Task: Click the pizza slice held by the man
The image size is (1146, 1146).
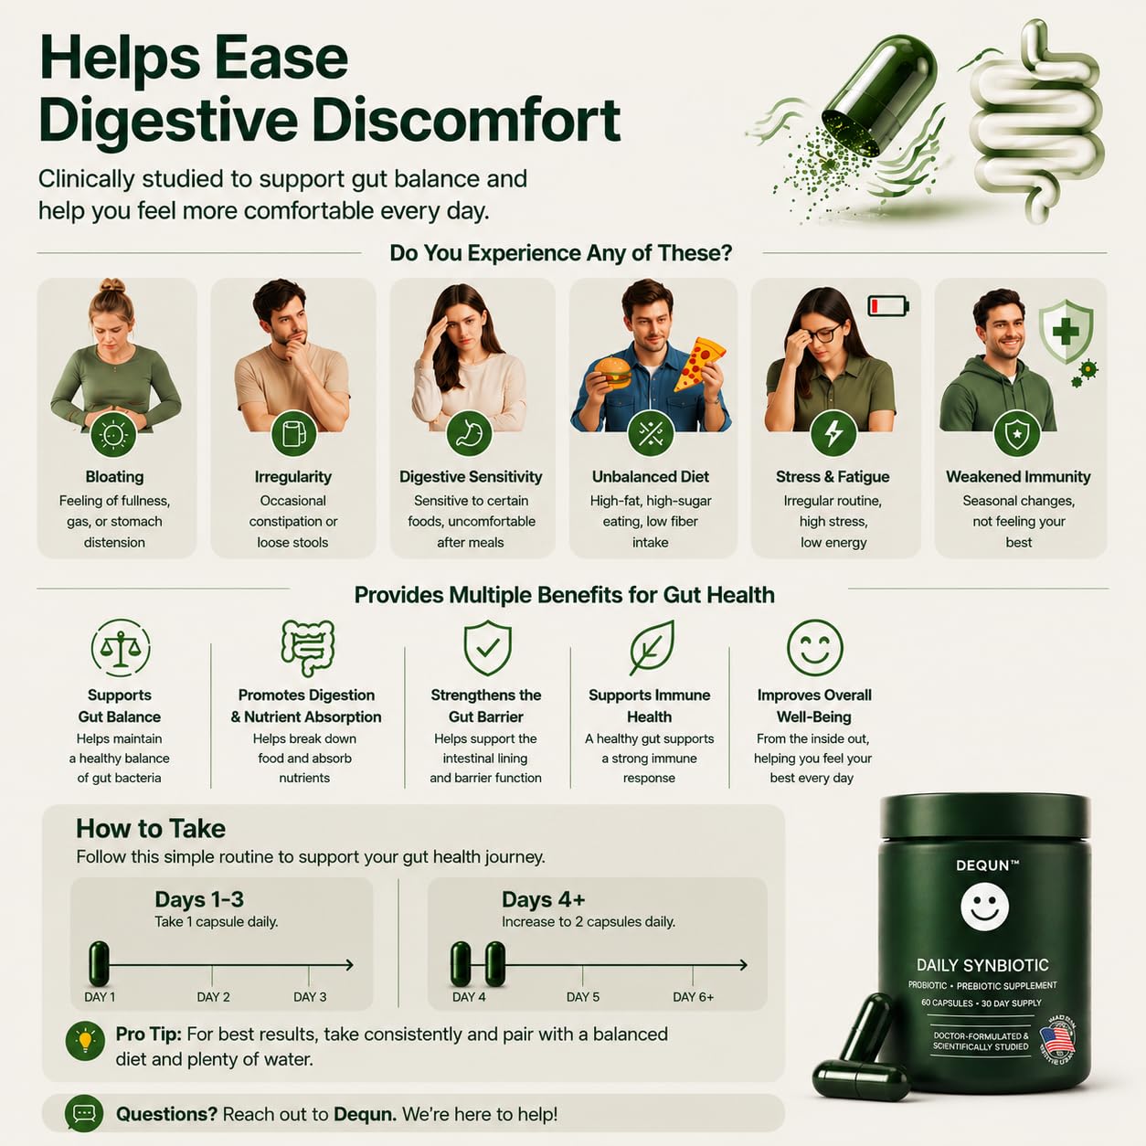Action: [699, 365]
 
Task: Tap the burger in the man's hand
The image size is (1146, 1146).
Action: [612, 372]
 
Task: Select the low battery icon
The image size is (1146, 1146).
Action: [888, 305]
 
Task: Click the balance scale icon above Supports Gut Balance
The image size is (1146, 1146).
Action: [121, 648]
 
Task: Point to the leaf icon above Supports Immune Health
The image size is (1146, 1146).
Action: [652, 648]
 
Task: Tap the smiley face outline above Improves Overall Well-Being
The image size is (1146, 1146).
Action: [815, 648]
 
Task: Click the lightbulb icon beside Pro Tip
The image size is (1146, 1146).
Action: [86, 1041]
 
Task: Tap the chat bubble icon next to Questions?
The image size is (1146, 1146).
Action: [84, 1113]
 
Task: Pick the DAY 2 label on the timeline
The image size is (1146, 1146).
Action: [214, 997]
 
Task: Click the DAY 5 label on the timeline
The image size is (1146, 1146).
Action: [583, 997]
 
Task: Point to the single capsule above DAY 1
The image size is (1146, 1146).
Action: [99, 964]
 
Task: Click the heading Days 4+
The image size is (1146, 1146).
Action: [544, 899]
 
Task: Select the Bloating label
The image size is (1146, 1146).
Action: [114, 476]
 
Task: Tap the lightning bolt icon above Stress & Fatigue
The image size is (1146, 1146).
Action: [833, 433]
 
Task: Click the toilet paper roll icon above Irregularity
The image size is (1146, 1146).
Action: [293, 433]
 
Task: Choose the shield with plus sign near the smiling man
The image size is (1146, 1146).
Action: [1066, 331]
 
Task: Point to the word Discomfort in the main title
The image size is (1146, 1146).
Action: [466, 122]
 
